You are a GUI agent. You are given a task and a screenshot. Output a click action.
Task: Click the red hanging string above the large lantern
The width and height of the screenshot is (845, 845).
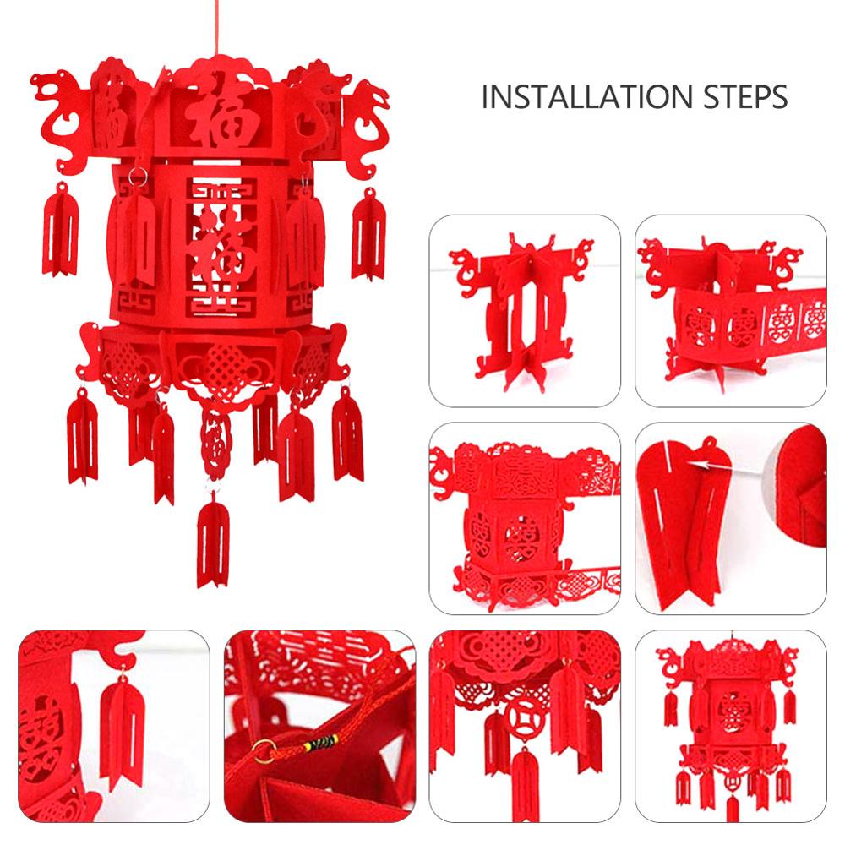pyautogui.click(x=218, y=25)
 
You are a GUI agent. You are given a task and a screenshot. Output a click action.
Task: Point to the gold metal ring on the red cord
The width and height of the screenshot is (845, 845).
pyautogui.click(x=267, y=746)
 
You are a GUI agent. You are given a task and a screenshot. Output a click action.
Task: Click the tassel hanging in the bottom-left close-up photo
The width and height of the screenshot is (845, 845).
pyautogui.click(x=122, y=727)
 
